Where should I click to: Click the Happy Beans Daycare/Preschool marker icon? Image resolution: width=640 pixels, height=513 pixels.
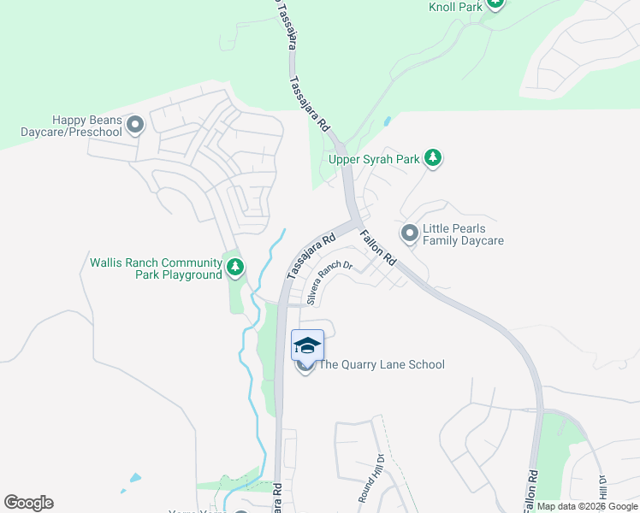coord(134,127)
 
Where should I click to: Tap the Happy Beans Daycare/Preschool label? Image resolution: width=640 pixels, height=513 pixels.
coord(74,127)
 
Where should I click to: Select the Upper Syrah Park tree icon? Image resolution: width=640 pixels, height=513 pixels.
coord(434,157)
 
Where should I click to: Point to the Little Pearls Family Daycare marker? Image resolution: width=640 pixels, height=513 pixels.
coord(410,233)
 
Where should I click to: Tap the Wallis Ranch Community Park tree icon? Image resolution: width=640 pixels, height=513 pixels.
coord(235,268)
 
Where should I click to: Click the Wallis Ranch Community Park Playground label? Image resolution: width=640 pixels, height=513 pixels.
coord(156,268)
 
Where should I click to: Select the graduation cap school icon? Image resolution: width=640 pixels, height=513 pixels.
coord(307,345)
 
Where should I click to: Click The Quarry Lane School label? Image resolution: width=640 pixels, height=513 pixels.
coord(382,365)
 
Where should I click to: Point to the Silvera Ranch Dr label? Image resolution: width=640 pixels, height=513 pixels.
coord(329,283)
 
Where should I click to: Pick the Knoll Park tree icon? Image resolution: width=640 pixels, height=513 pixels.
coord(495,3)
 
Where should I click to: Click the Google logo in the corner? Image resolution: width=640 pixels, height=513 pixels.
coord(28,503)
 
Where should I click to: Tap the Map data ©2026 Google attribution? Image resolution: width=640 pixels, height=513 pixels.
coord(587,506)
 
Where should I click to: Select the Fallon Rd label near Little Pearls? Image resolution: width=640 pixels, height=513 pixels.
coord(377,246)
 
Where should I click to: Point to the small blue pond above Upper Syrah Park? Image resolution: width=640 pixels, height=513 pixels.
coord(387,122)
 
